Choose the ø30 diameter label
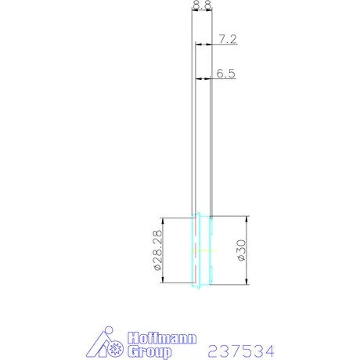click(241, 250)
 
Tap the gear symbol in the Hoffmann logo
click(117, 346)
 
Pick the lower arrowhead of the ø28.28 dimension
click(163, 283)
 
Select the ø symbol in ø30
click(241, 260)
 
